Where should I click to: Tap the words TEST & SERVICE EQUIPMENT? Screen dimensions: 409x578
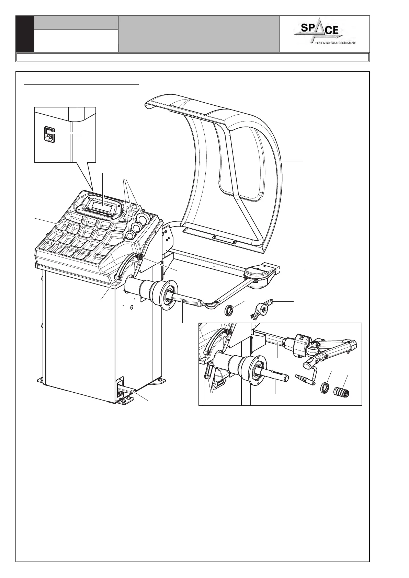point(333,43)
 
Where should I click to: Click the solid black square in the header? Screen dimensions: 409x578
point(25,34)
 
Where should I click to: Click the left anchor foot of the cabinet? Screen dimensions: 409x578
point(41,380)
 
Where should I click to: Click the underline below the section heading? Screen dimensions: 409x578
point(81,84)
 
